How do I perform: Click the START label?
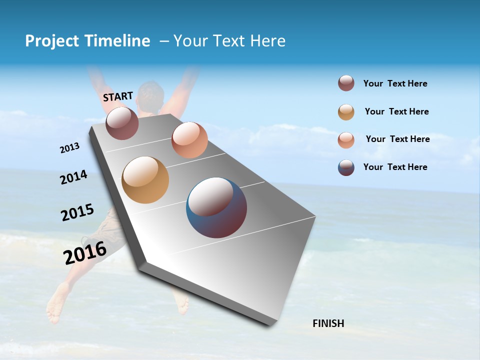coord(118,96)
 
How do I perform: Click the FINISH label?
coord(328,323)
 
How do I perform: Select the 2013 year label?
coord(69,148)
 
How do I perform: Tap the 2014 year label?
coord(74,177)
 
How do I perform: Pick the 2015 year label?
coord(77,212)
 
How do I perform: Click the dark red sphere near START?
coord(122,123)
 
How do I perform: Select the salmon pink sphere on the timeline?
coord(189,140)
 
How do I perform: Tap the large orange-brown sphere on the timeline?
coord(145,180)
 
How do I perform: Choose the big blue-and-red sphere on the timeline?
coord(216,207)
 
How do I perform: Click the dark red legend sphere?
coord(346,83)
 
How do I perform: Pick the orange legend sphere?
coord(346,112)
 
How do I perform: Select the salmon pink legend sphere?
coord(346,139)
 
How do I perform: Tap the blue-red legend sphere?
coord(346,167)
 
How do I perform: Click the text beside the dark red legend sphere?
coord(395,83)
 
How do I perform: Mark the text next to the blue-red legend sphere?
coord(395,167)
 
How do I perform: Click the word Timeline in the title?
coord(118,41)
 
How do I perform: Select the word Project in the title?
coord(52,41)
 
